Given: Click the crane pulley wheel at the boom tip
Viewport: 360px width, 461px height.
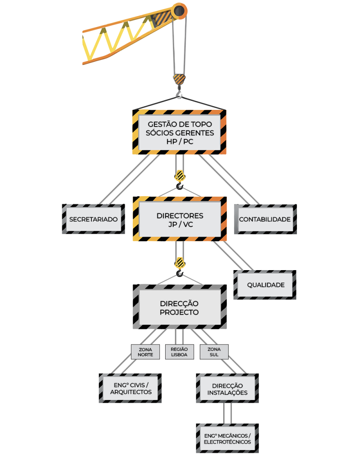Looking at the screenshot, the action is coord(179,11).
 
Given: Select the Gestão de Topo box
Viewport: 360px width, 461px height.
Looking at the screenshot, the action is coord(179,132).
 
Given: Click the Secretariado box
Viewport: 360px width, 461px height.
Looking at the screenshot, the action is coord(94,219).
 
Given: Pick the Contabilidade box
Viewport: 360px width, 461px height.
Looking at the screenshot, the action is coord(265,219).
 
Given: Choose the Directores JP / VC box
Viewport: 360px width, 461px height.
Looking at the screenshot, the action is coord(180,219).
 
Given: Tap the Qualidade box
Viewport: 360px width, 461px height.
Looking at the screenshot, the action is coord(265,285).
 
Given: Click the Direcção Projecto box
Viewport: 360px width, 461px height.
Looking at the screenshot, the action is coord(180,307).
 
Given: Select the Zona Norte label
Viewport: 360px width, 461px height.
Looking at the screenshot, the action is coord(145,352).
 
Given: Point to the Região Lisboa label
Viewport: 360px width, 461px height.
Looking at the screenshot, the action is coord(180,352).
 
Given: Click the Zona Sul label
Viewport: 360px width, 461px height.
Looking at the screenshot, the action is coord(214,352).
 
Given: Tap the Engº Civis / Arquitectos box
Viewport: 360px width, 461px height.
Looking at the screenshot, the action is coord(130,388).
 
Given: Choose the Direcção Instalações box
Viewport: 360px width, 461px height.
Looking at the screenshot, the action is coord(227,388).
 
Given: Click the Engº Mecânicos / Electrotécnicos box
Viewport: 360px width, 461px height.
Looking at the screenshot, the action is coord(227,438).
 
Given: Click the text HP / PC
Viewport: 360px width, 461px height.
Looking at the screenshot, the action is coord(180,141).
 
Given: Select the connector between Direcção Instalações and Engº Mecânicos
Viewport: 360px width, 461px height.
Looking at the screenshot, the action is coord(227,413).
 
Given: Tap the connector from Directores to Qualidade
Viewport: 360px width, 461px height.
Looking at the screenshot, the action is coord(233,256).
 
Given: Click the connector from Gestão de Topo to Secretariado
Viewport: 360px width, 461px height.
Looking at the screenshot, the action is coord(129,179).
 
